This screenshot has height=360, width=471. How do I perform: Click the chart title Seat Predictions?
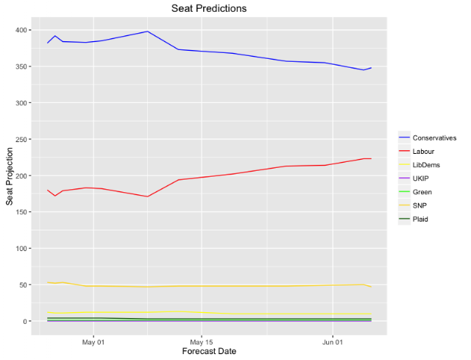point(209,8)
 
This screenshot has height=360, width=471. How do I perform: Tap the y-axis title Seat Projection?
point(10,177)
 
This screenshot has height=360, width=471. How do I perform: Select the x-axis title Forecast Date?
point(209,351)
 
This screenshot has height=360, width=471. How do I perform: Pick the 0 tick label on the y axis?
point(25,321)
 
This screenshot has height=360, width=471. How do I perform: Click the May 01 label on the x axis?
point(93,342)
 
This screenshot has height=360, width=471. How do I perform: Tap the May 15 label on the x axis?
point(201,342)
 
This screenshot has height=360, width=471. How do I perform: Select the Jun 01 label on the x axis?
point(333,342)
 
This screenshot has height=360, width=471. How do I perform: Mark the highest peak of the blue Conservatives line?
point(147,31)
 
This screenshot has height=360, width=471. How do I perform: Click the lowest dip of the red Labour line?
point(147,197)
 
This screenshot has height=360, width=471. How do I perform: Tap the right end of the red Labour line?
point(371,159)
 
